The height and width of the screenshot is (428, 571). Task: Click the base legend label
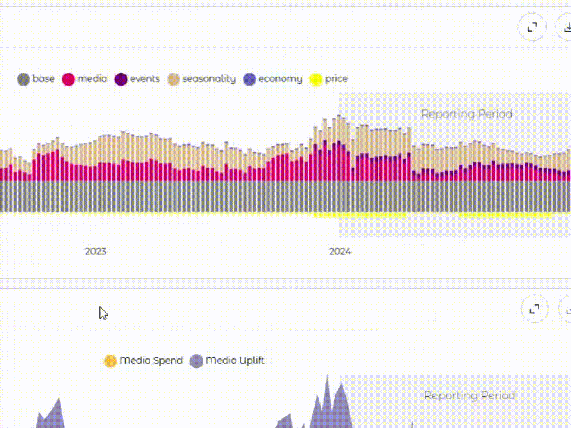coord(43,78)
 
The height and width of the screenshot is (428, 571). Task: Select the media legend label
coord(92,78)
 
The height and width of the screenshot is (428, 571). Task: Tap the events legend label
coord(145,78)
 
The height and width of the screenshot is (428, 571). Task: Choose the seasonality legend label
coord(209,78)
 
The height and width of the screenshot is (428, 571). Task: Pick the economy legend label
coord(280,78)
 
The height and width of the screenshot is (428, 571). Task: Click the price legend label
coord(336,78)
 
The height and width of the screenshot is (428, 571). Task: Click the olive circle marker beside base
coord(24,79)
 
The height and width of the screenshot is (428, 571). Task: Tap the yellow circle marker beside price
coord(316,79)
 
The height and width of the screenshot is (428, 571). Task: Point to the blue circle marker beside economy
coord(250,79)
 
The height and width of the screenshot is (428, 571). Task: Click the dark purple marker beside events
coord(121,79)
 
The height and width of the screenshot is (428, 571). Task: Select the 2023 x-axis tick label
coord(95,251)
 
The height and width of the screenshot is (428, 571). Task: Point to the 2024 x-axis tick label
coord(340,251)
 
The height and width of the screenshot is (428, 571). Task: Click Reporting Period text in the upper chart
coord(466,114)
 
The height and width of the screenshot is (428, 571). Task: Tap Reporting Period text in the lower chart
coord(469,395)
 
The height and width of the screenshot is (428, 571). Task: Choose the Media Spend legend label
coord(151,360)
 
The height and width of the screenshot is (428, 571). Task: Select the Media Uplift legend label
coord(234,360)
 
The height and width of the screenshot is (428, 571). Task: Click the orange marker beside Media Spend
coord(110,361)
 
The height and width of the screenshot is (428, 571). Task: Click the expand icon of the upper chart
coord(532,27)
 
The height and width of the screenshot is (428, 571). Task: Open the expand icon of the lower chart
coord(534,309)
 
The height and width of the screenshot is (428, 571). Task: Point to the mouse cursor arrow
coord(103,313)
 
